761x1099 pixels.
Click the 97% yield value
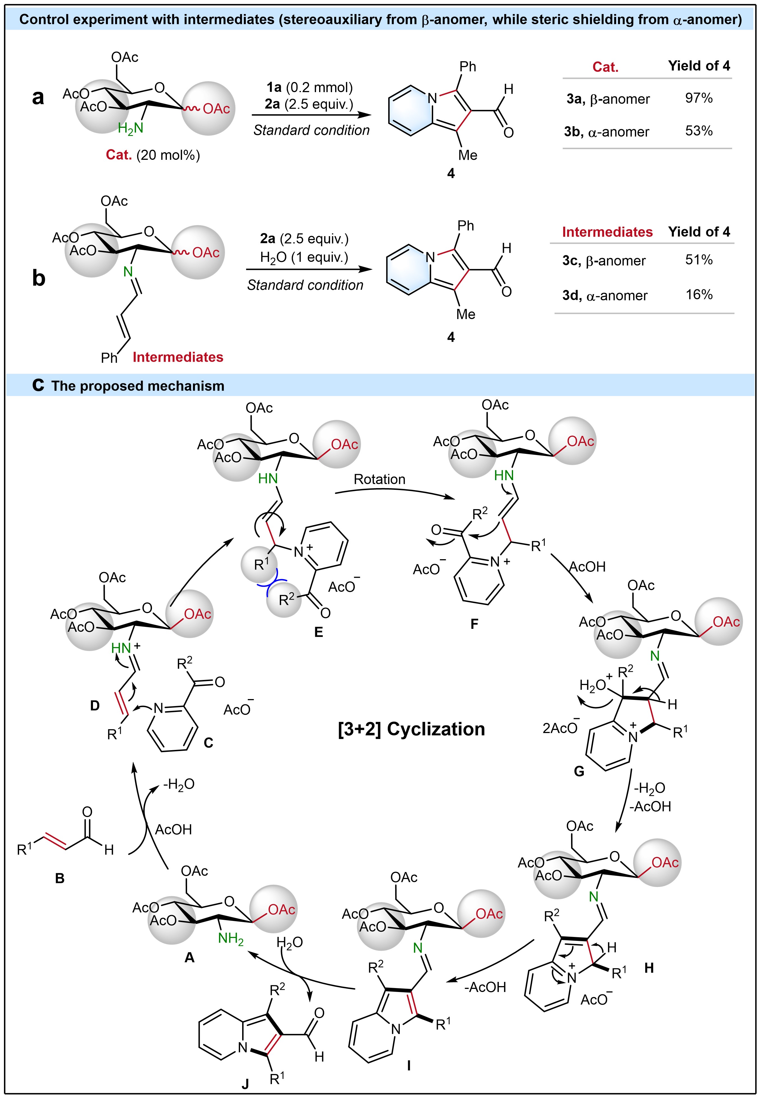coord(699,98)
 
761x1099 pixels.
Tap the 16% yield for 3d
coord(699,295)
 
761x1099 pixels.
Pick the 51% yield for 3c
coord(699,260)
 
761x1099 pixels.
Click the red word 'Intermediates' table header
coord(607,232)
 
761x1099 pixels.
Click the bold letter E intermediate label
coord(319,632)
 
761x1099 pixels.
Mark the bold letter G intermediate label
coord(579,771)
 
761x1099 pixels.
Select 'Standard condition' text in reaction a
coord(311,130)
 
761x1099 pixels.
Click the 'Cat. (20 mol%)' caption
coord(153,155)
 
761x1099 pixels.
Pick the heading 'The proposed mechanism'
coord(138,386)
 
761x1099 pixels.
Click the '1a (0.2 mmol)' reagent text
coord(310,87)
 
